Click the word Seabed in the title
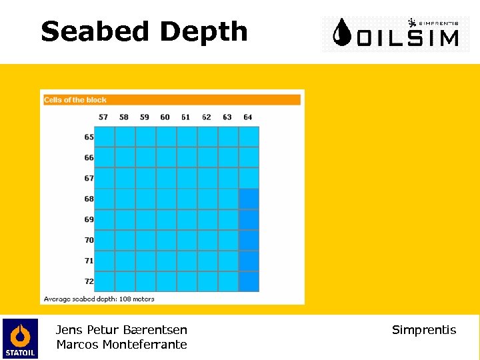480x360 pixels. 96,31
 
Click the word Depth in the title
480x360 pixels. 203,32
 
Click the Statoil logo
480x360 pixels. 20,338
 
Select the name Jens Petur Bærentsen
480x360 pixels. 121,329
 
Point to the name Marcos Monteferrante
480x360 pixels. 121,345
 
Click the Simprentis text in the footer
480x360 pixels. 424,330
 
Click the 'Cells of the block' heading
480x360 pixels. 75,100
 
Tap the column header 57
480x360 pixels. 103,117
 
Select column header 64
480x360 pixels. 248,117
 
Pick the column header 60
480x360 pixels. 165,117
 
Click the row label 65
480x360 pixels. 89,137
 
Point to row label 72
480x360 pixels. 89,281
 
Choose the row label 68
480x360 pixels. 89,199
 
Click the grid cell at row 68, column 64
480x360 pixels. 249,199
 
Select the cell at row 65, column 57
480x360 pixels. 105,137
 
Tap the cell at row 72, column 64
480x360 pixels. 249,281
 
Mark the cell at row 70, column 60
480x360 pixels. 166,240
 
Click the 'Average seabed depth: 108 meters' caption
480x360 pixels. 99,299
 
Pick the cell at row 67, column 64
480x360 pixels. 249,178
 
